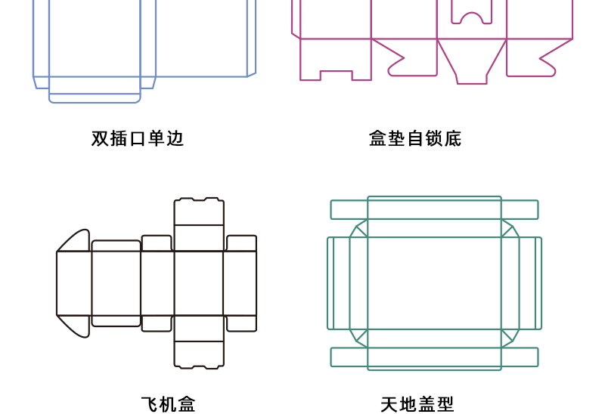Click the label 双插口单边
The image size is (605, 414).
138,138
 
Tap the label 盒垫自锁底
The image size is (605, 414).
415,138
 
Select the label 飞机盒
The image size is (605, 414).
168,404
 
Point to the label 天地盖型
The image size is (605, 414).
417,404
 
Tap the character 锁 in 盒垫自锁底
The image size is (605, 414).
434,138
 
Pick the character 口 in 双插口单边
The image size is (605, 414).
138,138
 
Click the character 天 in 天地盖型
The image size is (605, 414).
389,404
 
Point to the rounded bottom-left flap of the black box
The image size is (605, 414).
75,325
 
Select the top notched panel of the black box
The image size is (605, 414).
199,212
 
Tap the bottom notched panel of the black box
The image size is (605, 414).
199,354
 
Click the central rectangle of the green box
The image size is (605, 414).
434,283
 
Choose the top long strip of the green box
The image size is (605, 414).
434,209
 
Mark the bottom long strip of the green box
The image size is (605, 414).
434,357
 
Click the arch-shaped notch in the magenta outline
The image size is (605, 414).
472,17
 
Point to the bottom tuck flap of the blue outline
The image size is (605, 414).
95,97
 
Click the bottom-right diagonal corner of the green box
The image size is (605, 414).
509,338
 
